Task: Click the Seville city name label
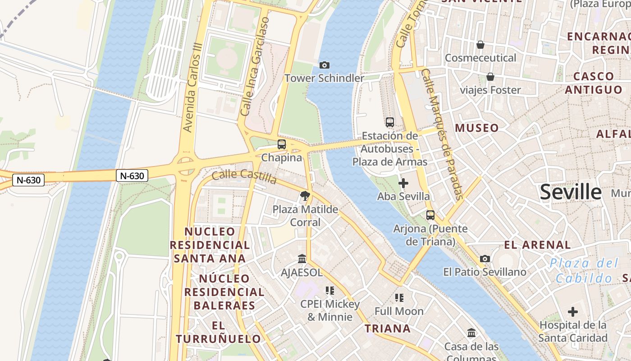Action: (571, 192)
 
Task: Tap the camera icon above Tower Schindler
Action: (324, 65)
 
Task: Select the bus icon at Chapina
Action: (282, 144)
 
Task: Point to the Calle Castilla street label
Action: (244, 176)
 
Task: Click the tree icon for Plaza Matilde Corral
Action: (305, 196)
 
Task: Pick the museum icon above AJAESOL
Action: (302, 259)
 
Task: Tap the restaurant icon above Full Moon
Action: (399, 298)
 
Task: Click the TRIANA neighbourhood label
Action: (388, 329)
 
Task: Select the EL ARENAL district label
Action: (537, 245)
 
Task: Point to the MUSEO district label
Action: (477, 128)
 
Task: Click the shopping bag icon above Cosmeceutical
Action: (480, 45)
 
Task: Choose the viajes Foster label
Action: (490, 90)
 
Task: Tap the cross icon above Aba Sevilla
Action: (403, 183)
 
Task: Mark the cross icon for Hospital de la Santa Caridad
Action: (573, 312)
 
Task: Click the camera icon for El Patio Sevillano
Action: (485, 259)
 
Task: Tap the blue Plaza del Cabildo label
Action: (585, 271)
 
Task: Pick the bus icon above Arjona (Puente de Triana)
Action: (430, 215)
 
